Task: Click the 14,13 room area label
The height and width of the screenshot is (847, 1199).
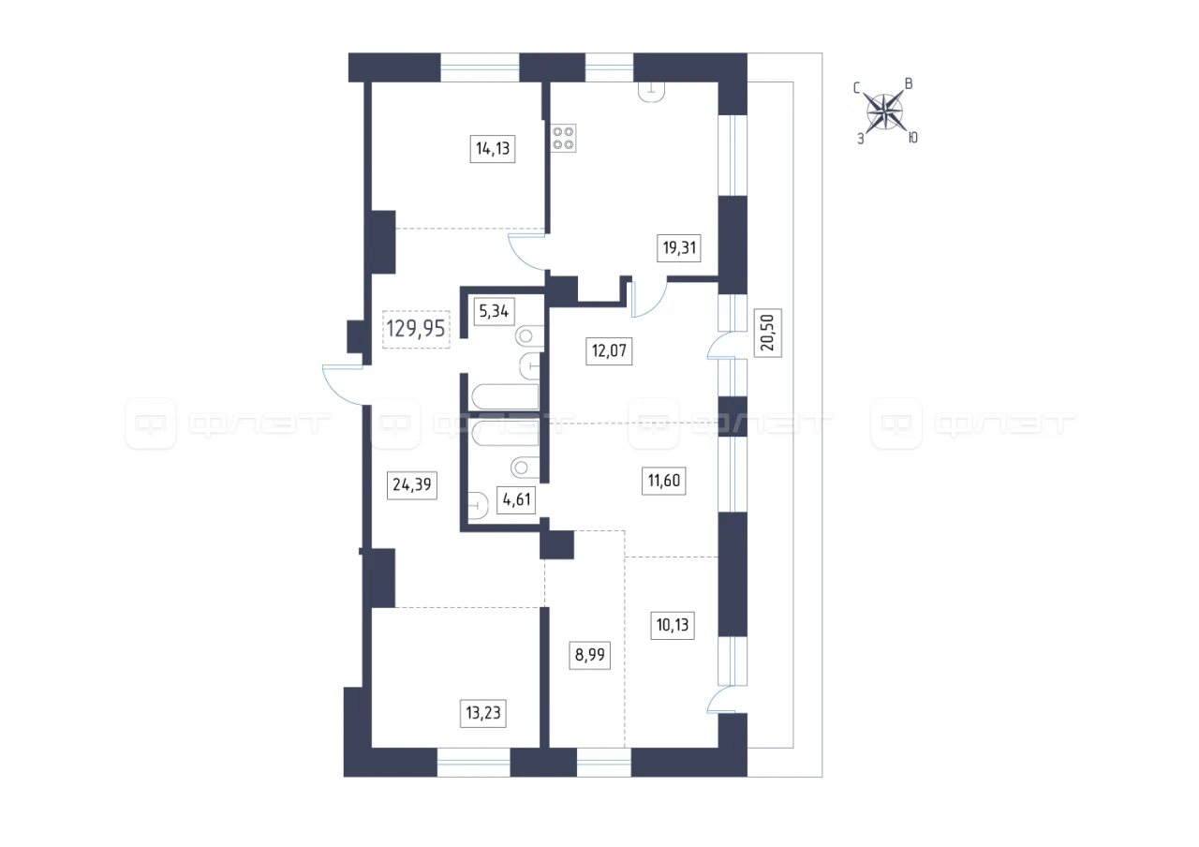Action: point(493,148)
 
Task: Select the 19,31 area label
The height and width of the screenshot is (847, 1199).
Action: point(679,248)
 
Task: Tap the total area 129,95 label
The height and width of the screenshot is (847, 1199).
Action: point(416,329)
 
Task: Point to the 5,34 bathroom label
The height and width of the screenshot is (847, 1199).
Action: point(494,311)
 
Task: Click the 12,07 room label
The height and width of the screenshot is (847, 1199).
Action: point(609,350)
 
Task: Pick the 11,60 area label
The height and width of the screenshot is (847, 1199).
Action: point(664,481)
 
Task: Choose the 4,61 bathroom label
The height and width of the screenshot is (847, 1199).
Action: point(516,499)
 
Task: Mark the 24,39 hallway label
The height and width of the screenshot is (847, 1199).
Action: point(411,485)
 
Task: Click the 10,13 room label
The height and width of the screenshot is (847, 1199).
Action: point(673,625)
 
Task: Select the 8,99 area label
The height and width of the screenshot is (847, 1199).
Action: point(589,655)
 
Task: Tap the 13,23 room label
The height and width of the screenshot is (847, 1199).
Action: point(482,713)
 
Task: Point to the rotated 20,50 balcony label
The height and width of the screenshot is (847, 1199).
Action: point(767,333)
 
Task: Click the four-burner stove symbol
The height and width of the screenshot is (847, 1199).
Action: point(564,138)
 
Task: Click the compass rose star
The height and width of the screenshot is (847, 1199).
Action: point(885,112)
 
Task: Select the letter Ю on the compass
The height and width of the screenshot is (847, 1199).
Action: point(913,138)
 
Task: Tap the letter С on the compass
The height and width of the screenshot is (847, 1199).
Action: point(856,88)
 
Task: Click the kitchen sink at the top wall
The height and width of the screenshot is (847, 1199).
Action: point(651,92)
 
